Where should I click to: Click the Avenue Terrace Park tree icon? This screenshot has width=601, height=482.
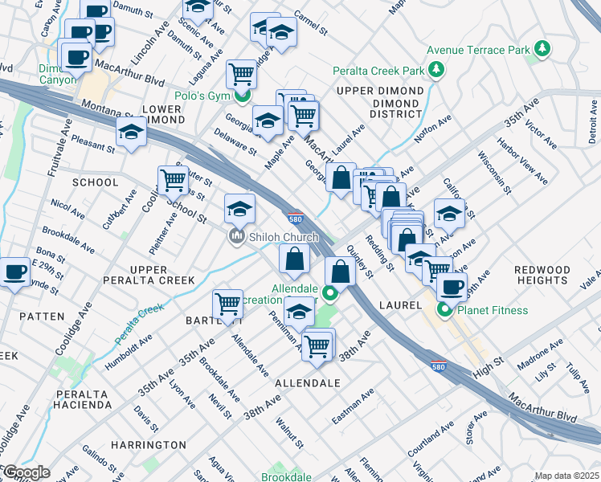click(x=543, y=50)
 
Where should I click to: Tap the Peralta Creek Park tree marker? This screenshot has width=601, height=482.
click(x=436, y=70)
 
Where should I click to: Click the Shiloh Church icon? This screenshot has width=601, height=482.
click(x=236, y=237)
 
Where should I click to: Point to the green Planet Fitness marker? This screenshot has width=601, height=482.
click(x=444, y=310)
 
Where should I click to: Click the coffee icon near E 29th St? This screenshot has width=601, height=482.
click(x=14, y=272)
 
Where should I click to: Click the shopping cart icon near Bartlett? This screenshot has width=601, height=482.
click(x=228, y=303)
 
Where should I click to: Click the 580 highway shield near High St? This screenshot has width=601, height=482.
click(x=438, y=365)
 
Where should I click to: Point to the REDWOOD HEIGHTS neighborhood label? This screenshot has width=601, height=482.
click(x=542, y=275)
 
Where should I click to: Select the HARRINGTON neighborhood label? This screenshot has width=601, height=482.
click(x=148, y=444)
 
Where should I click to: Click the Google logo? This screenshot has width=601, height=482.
click(x=26, y=472)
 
